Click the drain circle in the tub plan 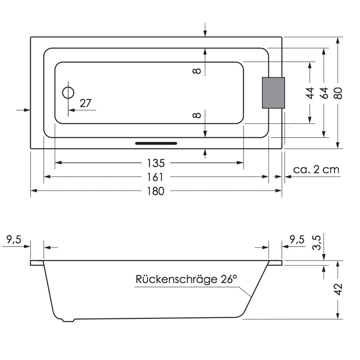click(x=68, y=87)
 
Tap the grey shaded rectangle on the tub click(x=274, y=93)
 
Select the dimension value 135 click(x=156, y=163)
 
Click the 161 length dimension click(x=155, y=177)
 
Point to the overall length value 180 click(x=156, y=191)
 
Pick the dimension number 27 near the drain click(x=85, y=103)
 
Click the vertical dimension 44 click(x=310, y=93)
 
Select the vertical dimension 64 click(x=324, y=93)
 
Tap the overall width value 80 click(x=338, y=93)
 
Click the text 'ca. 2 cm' click(x=316, y=170)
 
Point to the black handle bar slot click(x=156, y=144)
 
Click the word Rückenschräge click(x=176, y=279)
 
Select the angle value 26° click(x=229, y=279)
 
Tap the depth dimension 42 click(x=338, y=289)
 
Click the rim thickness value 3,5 click(x=317, y=243)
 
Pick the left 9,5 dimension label click(x=14, y=239)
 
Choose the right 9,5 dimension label click(x=297, y=239)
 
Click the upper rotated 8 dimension click(x=197, y=71)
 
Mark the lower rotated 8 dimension click(x=197, y=115)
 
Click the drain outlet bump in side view click(x=69, y=320)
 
